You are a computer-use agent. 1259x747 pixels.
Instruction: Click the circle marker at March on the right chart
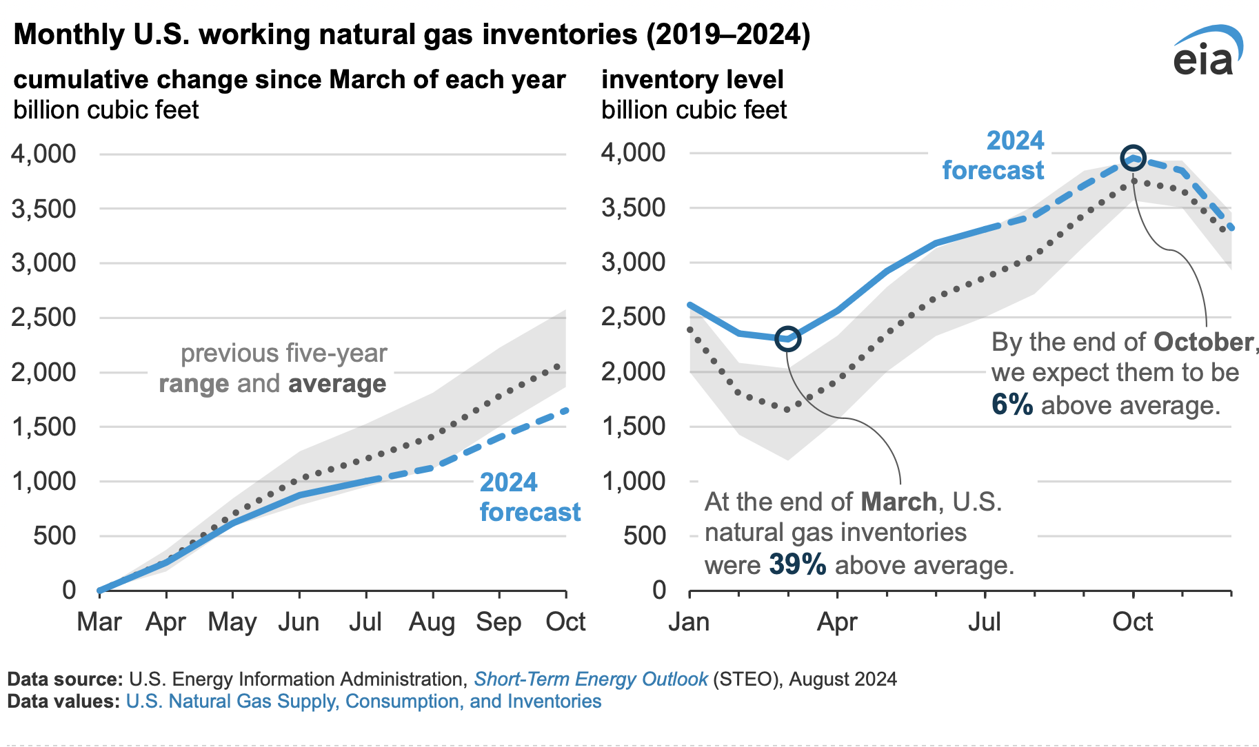(787, 338)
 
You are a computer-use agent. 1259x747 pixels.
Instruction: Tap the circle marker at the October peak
(1133, 158)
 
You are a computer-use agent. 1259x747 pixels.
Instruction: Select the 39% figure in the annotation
(797, 565)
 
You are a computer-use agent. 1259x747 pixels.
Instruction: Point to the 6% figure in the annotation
(1011, 405)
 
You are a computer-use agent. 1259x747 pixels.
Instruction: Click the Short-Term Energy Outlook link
(590, 679)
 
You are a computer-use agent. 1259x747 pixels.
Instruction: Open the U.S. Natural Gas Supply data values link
(363, 702)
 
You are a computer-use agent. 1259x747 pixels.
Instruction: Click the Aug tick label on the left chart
(432, 622)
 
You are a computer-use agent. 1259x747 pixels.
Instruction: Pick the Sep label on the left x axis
(498, 622)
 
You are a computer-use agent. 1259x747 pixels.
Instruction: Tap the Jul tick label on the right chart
(984, 622)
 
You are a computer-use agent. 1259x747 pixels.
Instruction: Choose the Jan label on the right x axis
(689, 622)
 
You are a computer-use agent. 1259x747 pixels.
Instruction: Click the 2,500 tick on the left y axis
(43, 318)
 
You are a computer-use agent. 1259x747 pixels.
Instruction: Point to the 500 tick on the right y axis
(645, 535)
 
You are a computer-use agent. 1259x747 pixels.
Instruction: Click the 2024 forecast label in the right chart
(993, 156)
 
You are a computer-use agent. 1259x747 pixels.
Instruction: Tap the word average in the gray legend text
(337, 384)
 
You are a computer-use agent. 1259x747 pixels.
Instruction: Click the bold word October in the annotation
(1203, 342)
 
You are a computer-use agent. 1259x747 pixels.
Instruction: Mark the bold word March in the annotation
(898, 502)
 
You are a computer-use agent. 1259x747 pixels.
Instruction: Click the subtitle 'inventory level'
(692, 80)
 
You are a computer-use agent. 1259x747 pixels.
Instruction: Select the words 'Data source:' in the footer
(66, 679)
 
